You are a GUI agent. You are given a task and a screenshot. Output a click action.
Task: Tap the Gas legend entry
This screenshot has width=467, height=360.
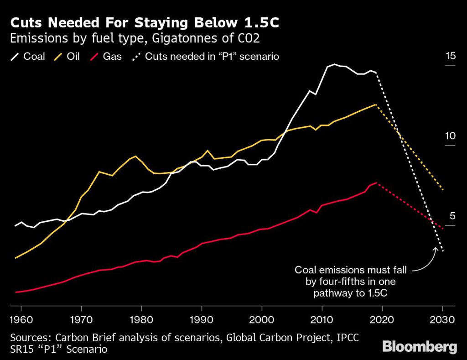point(106,57)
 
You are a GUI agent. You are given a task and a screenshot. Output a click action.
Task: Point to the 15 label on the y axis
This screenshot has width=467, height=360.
point(450,56)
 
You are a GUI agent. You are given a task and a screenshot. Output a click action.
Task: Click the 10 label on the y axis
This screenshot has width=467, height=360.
point(450,136)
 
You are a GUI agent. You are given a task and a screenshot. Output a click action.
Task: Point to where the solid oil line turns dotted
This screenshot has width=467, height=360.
point(376,104)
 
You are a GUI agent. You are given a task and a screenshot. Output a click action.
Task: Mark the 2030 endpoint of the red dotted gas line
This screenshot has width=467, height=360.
point(442,228)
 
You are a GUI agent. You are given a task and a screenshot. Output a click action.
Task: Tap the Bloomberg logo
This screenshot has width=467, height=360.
point(419,346)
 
